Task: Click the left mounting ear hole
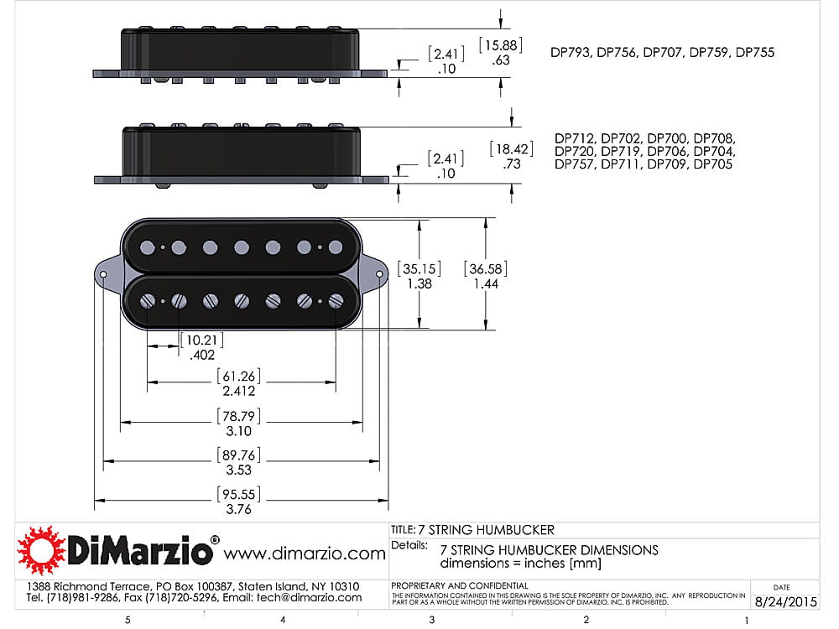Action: click(103, 274)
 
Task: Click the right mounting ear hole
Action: click(379, 274)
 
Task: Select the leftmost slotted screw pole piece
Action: click(148, 301)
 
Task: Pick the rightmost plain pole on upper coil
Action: click(336, 247)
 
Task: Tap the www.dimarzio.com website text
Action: click(304, 554)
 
